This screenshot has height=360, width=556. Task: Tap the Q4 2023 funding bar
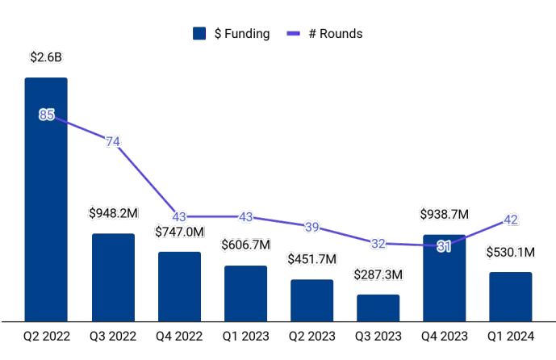pos(444,278)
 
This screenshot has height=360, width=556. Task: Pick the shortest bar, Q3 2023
pos(378,308)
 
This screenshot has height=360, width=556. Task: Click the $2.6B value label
pos(46,58)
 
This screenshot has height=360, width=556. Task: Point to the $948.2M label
pos(113,214)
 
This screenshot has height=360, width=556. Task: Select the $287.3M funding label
pos(378,274)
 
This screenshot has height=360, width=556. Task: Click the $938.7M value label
pos(445,215)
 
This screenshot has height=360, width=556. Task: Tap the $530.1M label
pos(511,253)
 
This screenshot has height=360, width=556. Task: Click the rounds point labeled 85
pos(46,115)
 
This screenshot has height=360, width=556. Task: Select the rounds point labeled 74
pos(113,142)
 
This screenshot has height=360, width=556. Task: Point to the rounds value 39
pos(311,227)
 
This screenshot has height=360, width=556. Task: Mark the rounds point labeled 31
pos(444,246)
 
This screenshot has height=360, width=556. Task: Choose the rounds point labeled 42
pos(511,219)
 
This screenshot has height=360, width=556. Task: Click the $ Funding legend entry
pos(232,34)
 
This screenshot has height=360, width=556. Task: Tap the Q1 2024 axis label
pos(511,335)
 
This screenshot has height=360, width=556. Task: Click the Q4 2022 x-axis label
pos(179,335)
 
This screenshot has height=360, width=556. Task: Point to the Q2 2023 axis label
pos(311,335)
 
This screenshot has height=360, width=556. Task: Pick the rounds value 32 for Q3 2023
pos(378,243)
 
